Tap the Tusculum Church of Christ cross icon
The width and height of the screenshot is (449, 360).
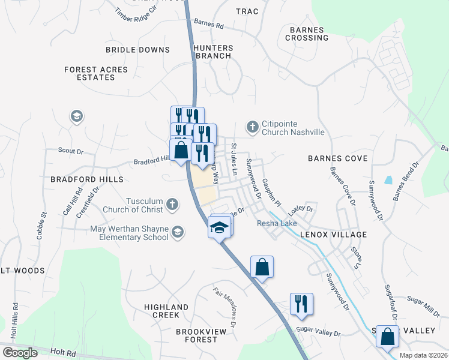[172, 205]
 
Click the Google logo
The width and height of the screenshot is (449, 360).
[20, 353]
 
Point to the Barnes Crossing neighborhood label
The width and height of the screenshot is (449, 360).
[309, 34]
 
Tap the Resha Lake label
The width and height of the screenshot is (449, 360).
[274, 223]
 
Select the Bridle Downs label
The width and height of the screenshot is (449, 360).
[137, 50]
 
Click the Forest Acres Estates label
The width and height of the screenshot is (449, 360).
[96, 74]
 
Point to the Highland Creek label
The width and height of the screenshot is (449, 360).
[166, 311]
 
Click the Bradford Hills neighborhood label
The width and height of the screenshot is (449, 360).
[86, 179]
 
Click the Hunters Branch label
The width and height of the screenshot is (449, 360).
[212, 52]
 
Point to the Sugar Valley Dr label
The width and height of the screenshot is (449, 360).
[318, 333]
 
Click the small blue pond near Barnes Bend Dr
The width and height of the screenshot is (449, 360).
[389, 179]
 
